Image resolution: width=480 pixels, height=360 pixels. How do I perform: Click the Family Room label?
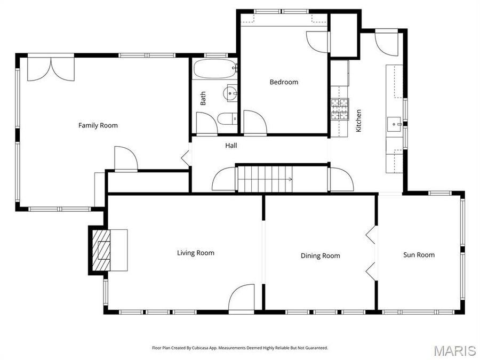[x=98, y=125]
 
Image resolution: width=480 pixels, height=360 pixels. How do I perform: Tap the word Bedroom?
[x=284, y=82]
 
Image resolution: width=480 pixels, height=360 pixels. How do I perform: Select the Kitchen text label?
[x=359, y=121]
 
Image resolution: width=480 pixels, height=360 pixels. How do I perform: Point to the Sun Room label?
[x=418, y=255]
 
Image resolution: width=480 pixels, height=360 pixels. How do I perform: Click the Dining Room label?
[x=320, y=256]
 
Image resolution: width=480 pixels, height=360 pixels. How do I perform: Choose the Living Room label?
[x=196, y=253]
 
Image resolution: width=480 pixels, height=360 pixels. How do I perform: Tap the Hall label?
[x=231, y=145]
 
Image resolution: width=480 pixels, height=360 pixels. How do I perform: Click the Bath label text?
[x=203, y=99]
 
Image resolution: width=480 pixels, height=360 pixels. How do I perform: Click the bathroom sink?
[x=231, y=93]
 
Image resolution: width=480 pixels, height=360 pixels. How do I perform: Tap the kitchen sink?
[x=395, y=124]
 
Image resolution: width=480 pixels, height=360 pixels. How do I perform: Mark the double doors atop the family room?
[x=51, y=69]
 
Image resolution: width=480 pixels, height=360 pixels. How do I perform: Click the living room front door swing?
[x=242, y=298]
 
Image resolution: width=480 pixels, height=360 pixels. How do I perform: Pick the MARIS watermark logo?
[x=454, y=350]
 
